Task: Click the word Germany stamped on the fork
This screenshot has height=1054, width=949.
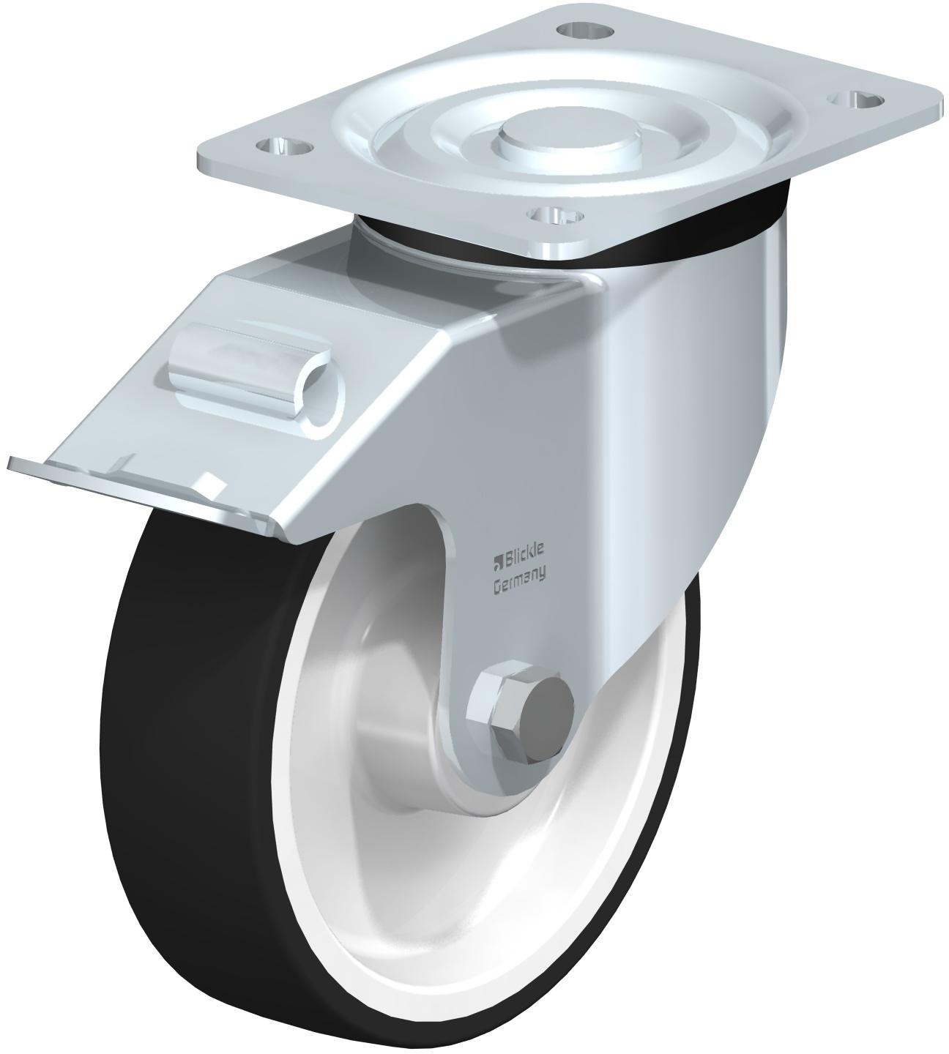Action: [x=518, y=585]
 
